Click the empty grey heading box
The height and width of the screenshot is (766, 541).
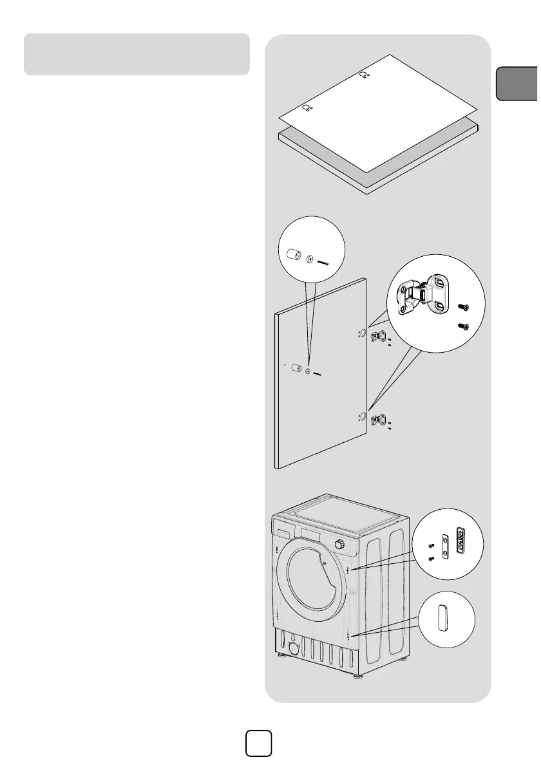(x=137, y=54)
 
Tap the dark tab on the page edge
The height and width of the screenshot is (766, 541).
(x=518, y=83)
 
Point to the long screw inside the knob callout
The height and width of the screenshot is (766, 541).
(x=322, y=262)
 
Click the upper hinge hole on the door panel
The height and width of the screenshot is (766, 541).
(x=361, y=333)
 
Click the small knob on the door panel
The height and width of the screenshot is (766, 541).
(x=296, y=369)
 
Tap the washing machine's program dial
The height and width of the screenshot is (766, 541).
(x=339, y=545)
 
